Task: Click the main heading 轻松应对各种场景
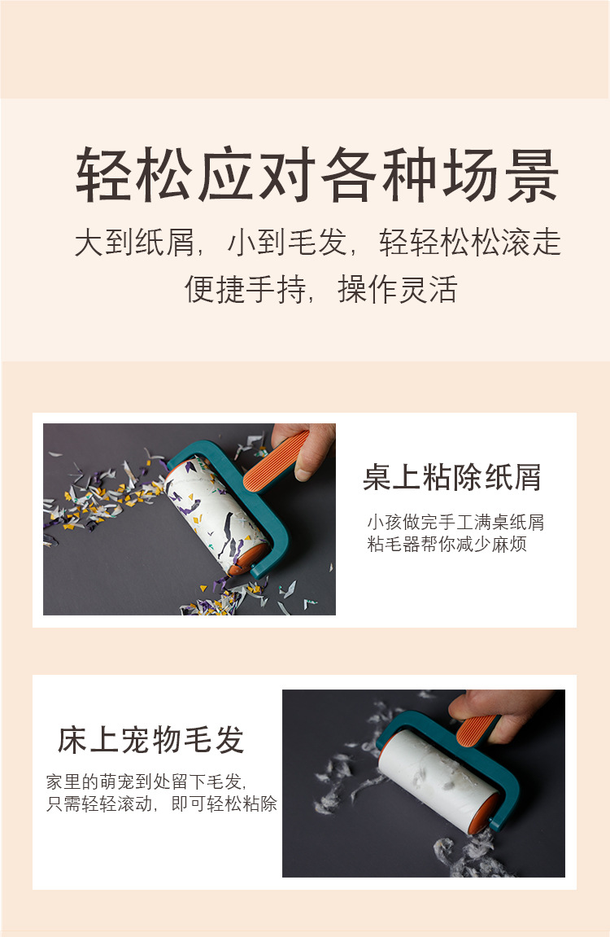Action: pos(317,175)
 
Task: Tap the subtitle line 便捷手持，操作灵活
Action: pos(320,289)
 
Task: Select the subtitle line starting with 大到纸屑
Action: pos(317,243)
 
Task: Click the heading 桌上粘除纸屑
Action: pos(451,478)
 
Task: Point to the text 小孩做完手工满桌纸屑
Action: pos(455,522)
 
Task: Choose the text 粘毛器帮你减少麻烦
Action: pos(447,544)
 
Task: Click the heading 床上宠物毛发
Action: pos(151,739)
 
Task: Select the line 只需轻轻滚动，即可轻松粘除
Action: pos(162,804)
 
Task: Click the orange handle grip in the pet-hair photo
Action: pos(477,730)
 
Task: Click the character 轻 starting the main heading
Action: pos(105,175)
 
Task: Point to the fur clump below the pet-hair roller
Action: pos(468,851)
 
